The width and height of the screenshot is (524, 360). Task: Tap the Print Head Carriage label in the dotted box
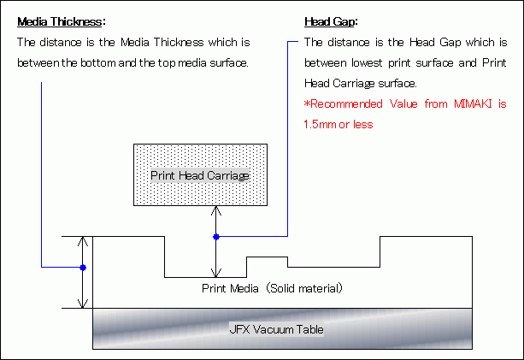(x=200, y=175)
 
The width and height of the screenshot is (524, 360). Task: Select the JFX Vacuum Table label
(x=276, y=329)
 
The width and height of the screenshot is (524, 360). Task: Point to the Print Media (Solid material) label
(x=272, y=288)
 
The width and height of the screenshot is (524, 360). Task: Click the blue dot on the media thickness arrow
(x=83, y=268)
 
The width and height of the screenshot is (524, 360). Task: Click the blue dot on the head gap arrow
(x=216, y=237)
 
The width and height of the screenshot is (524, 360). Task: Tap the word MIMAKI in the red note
(x=473, y=104)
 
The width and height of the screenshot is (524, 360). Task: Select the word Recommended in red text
(x=346, y=104)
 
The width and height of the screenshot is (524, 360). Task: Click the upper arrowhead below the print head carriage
(x=216, y=210)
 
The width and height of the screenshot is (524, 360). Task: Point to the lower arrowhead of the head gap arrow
(x=216, y=273)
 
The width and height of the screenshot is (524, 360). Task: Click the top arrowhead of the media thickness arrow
(x=83, y=241)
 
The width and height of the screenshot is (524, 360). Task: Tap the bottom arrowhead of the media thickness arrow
(x=83, y=304)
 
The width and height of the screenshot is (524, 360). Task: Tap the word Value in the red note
(x=403, y=104)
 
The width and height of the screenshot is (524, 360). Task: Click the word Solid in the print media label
(x=283, y=288)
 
